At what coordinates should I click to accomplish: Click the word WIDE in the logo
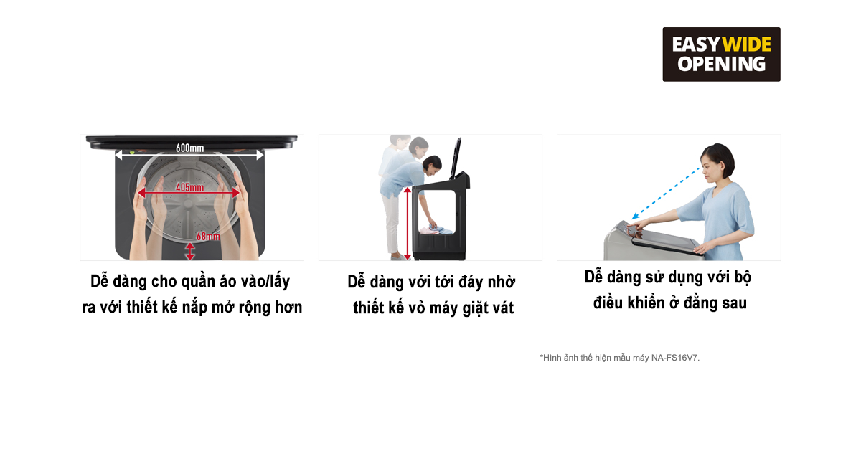[746, 44]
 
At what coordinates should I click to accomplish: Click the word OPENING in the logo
[721, 65]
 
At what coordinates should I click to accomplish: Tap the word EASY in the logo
[695, 44]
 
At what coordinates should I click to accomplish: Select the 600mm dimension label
[189, 148]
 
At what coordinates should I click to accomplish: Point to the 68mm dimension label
[207, 237]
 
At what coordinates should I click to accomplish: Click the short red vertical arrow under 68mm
[189, 251]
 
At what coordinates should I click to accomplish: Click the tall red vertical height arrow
[408, 222]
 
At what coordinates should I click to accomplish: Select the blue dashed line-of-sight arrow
[667, 194]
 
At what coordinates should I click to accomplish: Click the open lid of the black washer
[453, 158]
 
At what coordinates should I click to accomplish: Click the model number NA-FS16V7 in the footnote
[674, 357]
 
